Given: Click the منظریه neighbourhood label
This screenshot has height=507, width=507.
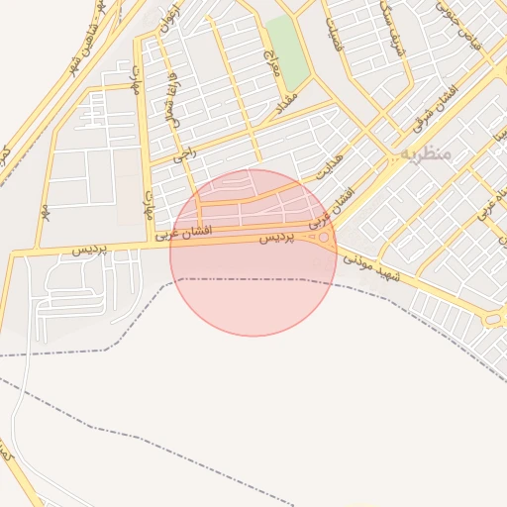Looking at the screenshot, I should tap(427, 154).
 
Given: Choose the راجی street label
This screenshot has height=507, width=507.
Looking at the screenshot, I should tap(183, 153).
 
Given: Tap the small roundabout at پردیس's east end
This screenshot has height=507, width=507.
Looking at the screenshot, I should tap(324, 237).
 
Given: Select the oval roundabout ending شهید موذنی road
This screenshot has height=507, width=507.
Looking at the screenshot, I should tap(492, 319).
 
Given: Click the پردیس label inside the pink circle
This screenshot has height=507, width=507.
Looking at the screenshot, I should tap(277, 239).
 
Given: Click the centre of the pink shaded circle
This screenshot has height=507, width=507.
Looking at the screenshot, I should tap(253, 253).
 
